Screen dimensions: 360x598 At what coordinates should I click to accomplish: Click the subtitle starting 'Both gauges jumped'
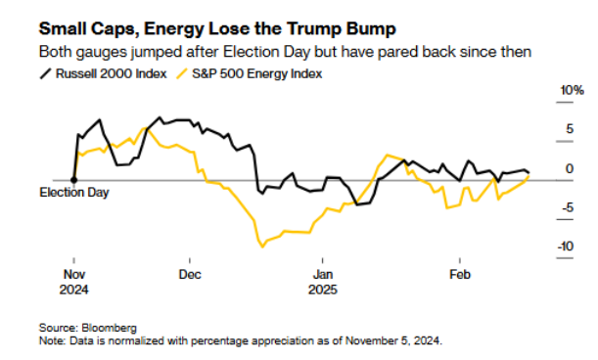click(283, 51)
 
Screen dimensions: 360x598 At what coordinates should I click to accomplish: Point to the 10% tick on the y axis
click(544, 91)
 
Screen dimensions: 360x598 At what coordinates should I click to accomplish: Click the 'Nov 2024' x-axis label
click(75, 282)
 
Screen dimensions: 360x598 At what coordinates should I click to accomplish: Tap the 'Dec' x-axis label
click(190, 274)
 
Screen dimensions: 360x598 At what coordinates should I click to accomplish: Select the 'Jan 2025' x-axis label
click(323, 282)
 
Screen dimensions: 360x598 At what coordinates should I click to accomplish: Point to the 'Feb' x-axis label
click(456, 274)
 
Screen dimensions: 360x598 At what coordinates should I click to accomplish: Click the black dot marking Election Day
click(74, 180)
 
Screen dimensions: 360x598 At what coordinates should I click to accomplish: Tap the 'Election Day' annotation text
click(74, 193)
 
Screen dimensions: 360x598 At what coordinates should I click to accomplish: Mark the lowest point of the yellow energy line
click(261, 246)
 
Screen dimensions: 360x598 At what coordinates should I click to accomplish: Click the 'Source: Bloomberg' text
click(88, 327)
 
